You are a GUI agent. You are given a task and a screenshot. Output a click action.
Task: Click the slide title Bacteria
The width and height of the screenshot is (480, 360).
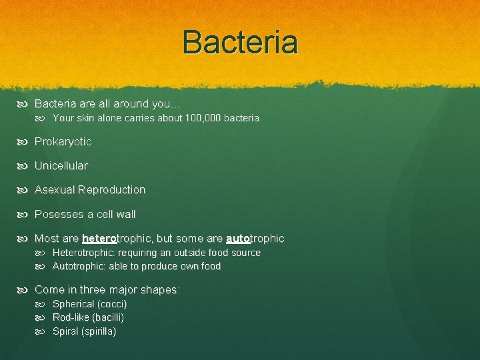point(240,42)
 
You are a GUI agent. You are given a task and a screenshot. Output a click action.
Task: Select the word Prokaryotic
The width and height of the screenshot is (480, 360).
point(63,141)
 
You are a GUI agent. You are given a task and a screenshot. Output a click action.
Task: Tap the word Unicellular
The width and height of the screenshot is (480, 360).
point(61,165)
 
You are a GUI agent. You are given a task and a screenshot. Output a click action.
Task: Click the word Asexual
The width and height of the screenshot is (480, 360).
point(54,190)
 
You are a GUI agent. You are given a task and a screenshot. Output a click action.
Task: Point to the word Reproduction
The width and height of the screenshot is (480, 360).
point(111,190)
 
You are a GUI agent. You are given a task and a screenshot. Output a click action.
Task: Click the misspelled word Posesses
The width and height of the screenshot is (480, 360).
point(58,214)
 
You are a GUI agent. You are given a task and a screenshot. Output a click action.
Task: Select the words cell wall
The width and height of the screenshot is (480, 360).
point(116,214)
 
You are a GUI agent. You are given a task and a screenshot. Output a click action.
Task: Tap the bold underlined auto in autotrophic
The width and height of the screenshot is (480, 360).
point(238,238)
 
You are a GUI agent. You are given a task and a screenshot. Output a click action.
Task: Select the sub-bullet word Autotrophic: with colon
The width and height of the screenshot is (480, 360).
point(79,266)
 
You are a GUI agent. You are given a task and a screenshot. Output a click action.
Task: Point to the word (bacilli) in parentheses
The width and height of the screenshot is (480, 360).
point(108,317)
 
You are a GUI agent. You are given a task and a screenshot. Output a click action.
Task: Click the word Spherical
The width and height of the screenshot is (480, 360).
point(73,304)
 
